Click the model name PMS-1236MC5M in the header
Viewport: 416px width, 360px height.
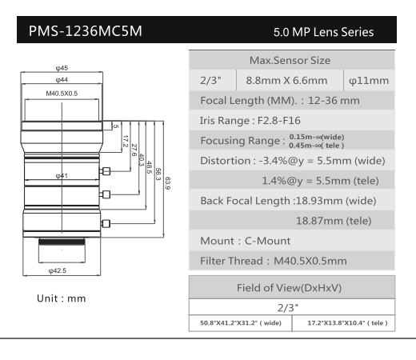86,31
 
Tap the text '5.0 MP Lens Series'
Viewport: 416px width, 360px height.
323,32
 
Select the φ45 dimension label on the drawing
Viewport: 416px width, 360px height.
62,68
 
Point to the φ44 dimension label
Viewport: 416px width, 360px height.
62,80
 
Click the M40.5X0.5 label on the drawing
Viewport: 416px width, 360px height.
62,94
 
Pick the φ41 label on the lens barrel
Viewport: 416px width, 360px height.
62,175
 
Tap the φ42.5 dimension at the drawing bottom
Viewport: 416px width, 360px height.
58,270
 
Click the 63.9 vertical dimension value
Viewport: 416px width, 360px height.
167,183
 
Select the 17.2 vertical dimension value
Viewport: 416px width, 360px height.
125,141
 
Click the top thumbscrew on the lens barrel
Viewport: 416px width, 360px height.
106,171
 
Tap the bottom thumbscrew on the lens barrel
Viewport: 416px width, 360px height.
106,223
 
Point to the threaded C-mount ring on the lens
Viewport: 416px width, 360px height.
62,242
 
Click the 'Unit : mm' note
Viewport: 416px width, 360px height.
62,298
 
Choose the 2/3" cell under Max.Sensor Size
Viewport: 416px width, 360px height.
210,80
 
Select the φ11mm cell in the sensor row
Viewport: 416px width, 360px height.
369,81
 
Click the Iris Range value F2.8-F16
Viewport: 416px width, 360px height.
279,121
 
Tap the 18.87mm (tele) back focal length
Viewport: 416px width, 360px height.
334,221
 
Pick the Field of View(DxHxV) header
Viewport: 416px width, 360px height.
289,288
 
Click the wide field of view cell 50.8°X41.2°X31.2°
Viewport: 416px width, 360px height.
241,323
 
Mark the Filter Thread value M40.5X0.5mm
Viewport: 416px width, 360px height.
310,261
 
